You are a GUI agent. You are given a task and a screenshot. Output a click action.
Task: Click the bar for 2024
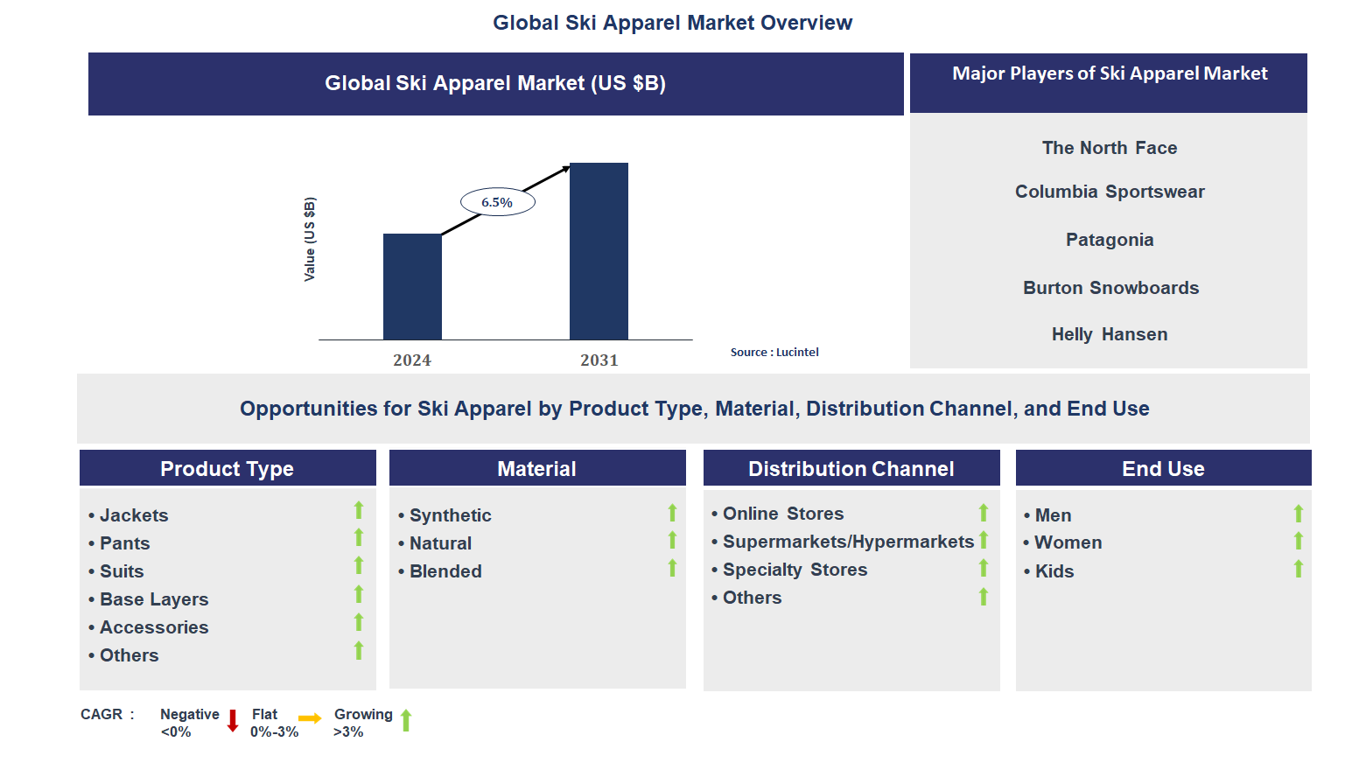pyautogui.click(x=412, y=286)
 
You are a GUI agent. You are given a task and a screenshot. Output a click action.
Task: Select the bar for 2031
pyautogui.click(x=599, y=251)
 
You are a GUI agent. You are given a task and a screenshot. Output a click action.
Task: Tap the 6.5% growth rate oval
pyautogui.click(x=497, y=202)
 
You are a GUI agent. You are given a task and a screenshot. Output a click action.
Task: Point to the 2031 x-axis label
pyautogui.click(x=599, y=360)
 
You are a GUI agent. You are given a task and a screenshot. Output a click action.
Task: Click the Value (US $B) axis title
pyautogui.click(x=309, y=239)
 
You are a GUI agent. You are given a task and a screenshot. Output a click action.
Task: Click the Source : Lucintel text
pyautogui.click(x=774, y=353)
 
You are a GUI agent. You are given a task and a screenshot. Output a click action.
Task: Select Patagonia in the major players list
pyautogui.click(x=1109, y=240)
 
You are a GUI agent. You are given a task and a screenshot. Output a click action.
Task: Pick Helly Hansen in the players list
pyautogui.click(x=1109, y=334)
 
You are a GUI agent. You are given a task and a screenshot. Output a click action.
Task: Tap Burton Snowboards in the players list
pyautogui.click(x=1110, y=288)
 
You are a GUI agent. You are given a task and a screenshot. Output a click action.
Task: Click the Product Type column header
pyautogui.click(x=228, y=469)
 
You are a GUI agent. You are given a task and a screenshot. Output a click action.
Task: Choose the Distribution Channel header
pyautogui.click(x=851, y=469)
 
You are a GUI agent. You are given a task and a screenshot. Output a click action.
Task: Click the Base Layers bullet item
pyautogui.click(x=154, y=599)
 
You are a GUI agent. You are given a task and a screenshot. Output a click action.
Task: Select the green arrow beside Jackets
pyautogui.click(x=359, y=510)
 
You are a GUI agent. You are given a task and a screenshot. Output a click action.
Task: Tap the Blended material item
pyautogui.click(x=445, y=571)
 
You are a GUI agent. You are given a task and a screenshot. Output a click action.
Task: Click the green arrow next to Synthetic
pyautogui.click(x=672, y=513)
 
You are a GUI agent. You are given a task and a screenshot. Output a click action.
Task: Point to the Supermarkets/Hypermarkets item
pyautogui.click(x=848, y=542)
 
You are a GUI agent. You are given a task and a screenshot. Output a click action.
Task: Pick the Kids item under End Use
pyautogui.click(x=1054, y=571)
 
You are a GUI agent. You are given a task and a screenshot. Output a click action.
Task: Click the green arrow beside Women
pyautogui.click(x=1299, y=542)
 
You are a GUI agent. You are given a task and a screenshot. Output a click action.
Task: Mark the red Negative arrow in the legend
pyautogui.click(x=233, y=721)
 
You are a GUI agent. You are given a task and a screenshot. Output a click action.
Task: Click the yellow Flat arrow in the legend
pyautogui.click(x=310, y=718)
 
